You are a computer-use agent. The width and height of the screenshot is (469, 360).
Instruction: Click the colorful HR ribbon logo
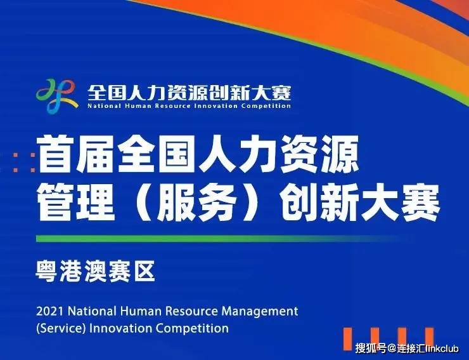click(x=57, y=96)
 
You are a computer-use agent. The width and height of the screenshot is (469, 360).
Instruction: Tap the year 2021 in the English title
click(x=50, y=312)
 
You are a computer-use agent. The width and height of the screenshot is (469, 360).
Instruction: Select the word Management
click(x=260, y=312)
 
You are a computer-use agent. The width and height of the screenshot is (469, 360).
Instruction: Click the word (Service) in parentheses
click(x=61, y=328)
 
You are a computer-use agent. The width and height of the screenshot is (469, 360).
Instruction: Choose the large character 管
click(x=56, y=203)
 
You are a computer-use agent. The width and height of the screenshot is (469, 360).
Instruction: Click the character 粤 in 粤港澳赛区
click(x=46, y=271)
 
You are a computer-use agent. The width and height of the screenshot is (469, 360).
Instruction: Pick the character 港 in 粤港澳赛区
click(x=71, y=271)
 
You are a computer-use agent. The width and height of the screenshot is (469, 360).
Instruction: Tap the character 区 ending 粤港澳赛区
click(x=145, y=271)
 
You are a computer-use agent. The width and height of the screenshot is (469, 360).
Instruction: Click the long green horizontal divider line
click(x=218, y=239)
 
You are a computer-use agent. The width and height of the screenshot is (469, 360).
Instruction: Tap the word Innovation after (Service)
click(x=120, y=328)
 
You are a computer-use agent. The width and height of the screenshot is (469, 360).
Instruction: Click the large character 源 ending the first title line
click(x=340, y=155)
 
